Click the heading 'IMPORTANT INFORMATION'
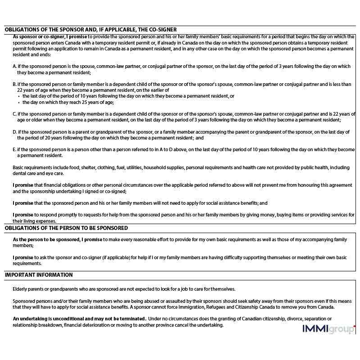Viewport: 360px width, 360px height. (x=38, y=275)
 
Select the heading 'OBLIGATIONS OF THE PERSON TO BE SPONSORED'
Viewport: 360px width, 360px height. (x=66, y=228)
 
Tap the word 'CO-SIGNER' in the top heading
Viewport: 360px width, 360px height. (x=161, y=29)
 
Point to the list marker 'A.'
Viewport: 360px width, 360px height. (x=15, y=66)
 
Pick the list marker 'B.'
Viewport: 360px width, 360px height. (x=15, y=84)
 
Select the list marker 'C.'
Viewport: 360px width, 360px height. (x=15, y=114)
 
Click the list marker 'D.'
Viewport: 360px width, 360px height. (x=15, y=132)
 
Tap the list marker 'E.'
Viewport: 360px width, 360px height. (x=15, y=149)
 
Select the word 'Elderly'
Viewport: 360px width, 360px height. (x=21, y=289)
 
